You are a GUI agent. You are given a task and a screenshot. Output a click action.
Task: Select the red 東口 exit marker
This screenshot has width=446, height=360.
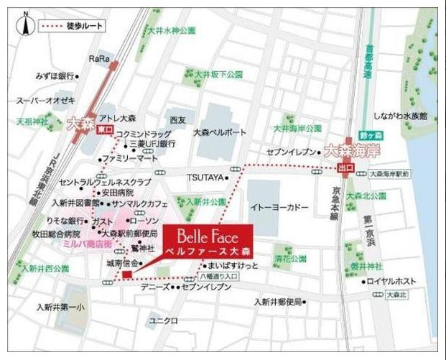(105, 130)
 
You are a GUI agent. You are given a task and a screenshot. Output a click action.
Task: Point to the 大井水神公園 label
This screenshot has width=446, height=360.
(172, 31)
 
